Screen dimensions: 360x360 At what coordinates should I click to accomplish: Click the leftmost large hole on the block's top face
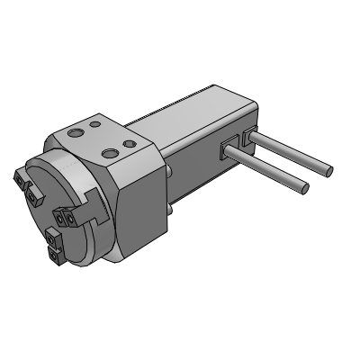[x=75, y=131]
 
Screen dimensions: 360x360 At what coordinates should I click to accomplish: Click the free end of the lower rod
[x=305, y=189]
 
